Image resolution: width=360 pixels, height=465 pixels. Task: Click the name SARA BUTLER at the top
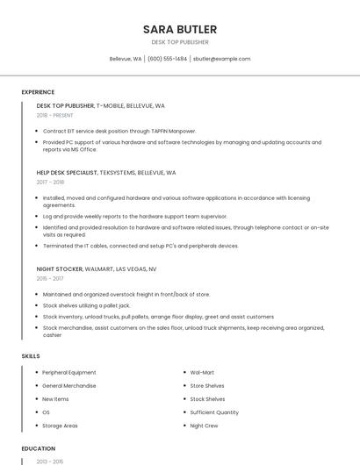(x=179, y=30)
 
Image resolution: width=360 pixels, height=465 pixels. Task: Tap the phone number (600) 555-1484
(x=167, y=59)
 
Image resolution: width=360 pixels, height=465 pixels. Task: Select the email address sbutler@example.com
(x=221, y=59)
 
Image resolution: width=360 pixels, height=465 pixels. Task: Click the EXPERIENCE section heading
(x=38, y=92)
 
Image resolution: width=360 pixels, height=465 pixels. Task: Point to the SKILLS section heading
(x=31, y=355)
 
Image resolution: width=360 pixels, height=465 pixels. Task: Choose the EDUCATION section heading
(x=38, y=448)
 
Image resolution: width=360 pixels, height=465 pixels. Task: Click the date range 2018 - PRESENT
(x=54, y=115)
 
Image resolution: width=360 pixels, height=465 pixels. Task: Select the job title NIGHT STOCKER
(x=60, y=268)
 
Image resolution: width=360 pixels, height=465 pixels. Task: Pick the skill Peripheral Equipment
(x=69, y=372)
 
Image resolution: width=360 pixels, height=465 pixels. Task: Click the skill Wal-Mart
(x=202, y=372)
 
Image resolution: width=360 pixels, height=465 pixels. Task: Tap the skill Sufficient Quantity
(x=214, y=412)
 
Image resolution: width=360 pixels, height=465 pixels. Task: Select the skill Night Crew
(x=205, y=426)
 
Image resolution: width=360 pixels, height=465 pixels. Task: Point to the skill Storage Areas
(x=60, y=426)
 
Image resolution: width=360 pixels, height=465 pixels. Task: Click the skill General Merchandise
(x=69, y=385)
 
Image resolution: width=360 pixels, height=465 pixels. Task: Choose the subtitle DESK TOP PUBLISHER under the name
(x=179, y=42)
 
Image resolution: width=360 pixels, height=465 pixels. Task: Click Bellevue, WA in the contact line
(x=125, y=59)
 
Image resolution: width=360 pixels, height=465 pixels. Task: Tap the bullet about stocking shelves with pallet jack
(x=86, y=305)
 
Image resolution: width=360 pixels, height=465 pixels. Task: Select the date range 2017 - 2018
(x=50, y=182)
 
